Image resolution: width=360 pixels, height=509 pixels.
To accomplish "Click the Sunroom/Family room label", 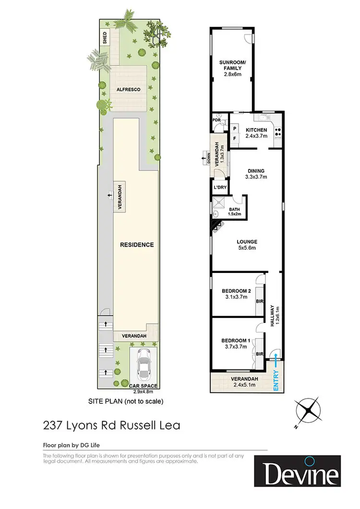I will click(x=230, y=68).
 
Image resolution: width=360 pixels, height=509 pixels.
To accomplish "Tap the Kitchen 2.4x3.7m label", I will click(x=256, y=133).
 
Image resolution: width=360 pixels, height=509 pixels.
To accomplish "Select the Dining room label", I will click(x=256, y=174).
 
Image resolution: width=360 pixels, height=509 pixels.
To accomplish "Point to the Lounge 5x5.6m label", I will click(x=247, y=245).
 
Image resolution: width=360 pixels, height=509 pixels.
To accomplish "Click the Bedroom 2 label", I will click(x=236, y=294).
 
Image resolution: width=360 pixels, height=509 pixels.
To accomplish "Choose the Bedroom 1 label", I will click(x=236, y=343).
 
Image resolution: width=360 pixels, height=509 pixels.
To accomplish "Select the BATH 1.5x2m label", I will click(x=234, y=212).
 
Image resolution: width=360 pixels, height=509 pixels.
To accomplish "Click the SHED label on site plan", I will click(x=104, y=37).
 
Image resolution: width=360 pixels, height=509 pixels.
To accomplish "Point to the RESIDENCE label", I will click(x=137, y=245).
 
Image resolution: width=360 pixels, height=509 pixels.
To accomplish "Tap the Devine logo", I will click(x=297, y=471).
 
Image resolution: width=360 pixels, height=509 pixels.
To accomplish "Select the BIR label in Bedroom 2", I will click(x=259, y=302).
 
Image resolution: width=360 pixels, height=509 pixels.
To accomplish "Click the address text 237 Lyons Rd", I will click(x=111, y=426).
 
